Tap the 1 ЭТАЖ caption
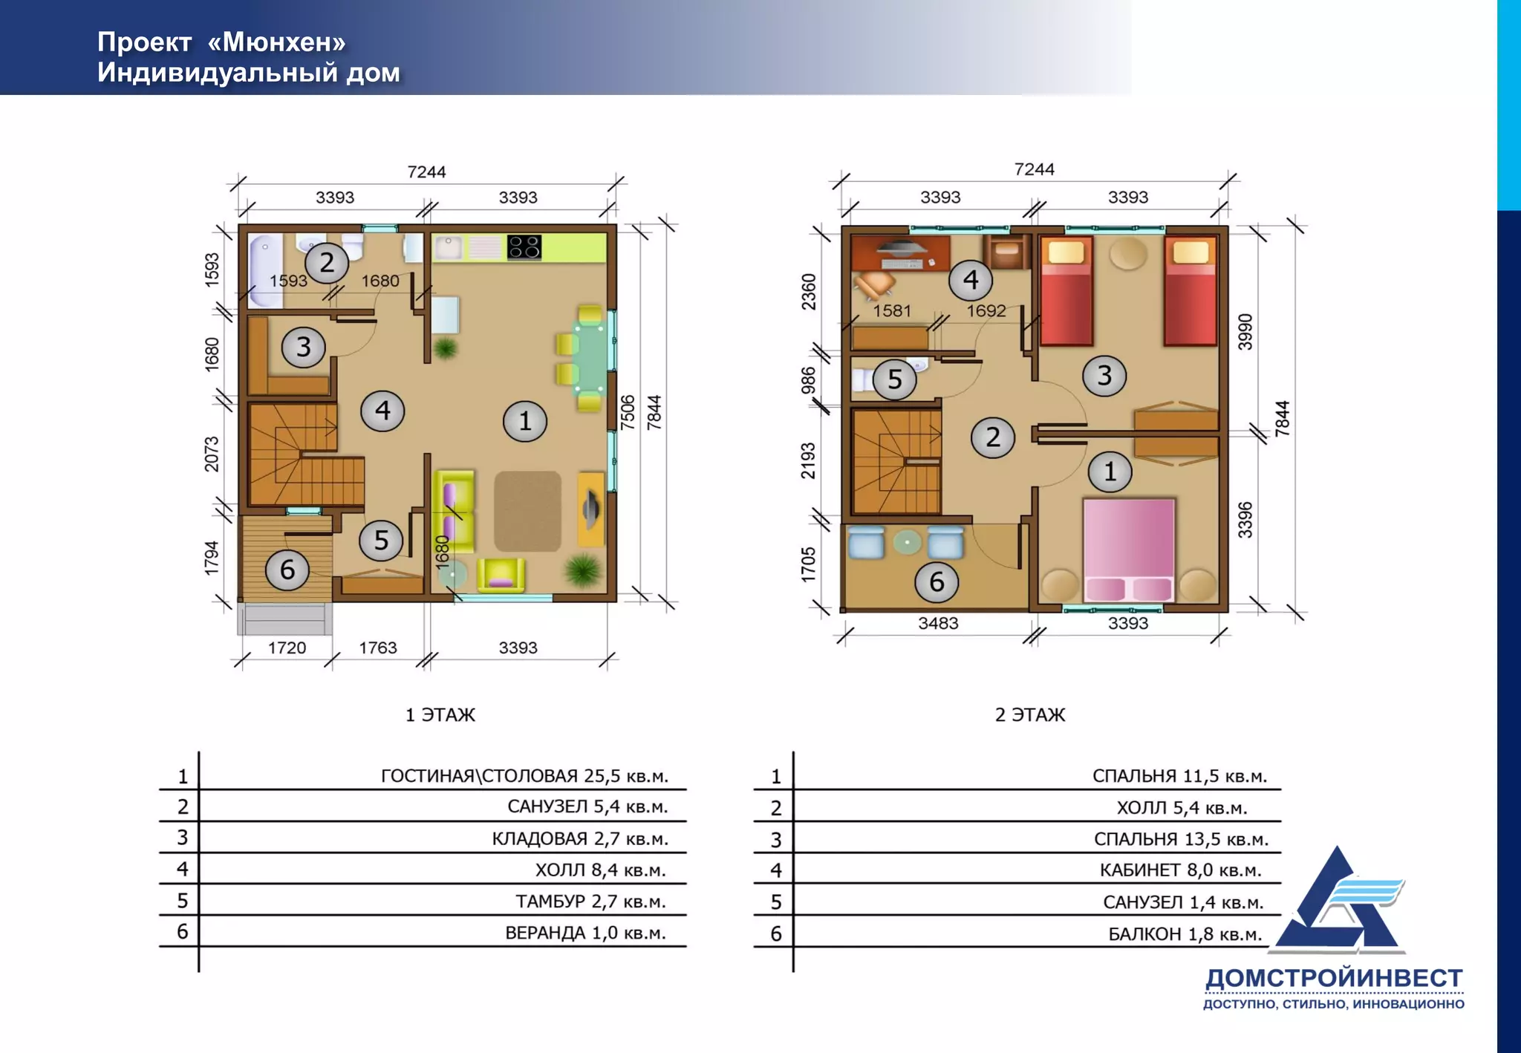[x=440, y=715]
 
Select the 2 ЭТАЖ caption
[x=1030, y=715]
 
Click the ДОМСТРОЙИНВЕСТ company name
[x=1334, y=979]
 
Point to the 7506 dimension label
[x=628, y=412]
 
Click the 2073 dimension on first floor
[x=212, y=454]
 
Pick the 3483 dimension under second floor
[x=938, y=623]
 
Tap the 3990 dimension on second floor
[x=1245, y=332]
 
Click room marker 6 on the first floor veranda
[x=287, y=570]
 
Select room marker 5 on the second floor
[x=895, y=379]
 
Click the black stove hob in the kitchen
[x=524, y=247]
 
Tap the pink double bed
[x=1129, y=550]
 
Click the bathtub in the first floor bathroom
[x=264, y=270]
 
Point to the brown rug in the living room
[x=528, y=511]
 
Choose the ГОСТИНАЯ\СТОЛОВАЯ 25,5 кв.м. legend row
[x=524, y=776]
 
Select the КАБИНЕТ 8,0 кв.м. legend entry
[x=1180, y=870]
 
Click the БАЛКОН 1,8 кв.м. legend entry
[x=1185, y=933]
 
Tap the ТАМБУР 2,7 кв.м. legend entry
[x=590, y=902]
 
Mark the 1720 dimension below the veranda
[x=287, y=648]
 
